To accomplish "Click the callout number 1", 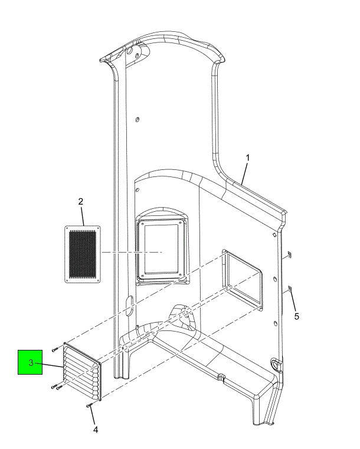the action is tap(248, 158).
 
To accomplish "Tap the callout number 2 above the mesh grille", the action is tap(81, 201).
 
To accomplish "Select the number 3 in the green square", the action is tap(31, 363).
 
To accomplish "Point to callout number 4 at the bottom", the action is tap(96, 430).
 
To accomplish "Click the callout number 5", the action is tap(297, 316).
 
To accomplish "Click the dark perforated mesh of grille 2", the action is tap(83, 254).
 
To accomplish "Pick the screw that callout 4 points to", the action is tap(89, 405).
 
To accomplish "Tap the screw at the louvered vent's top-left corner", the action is tap(55, 349).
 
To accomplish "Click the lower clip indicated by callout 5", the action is tap(290, 289).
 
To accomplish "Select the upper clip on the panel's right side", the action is tap(289, 254).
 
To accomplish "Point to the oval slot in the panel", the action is tap(129, 306).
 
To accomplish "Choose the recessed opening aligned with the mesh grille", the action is tap(162, 248).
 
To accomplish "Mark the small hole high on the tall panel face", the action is tap(138, 119).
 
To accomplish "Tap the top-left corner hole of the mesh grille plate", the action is tap(68, 229).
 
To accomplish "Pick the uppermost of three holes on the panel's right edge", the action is tap(274, 235).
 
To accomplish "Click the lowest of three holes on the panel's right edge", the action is tap(276, 323).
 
